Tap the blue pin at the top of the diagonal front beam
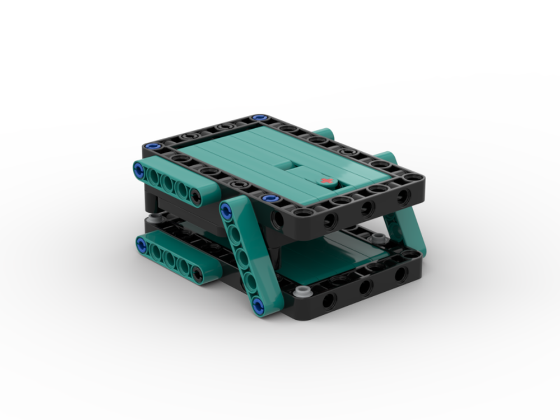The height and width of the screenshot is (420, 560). [226, 211]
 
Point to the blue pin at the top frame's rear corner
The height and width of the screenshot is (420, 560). [258, 118]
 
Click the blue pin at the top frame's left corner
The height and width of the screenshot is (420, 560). [151, 147]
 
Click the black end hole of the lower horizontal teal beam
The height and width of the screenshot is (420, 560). [197, 274]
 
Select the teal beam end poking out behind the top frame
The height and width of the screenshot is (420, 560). [324, 134]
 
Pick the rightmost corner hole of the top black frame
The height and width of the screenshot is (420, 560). [414, 178]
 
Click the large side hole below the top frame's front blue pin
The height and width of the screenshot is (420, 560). [279, 219]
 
